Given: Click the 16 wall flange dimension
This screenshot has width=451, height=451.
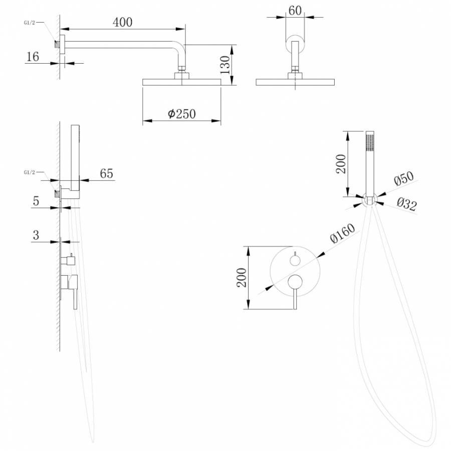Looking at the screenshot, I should [33, 56].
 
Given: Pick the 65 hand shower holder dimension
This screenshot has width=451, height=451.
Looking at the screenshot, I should [106, 173].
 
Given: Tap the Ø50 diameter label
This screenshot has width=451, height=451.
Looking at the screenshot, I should [403, 179].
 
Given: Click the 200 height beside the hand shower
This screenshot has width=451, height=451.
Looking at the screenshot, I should [341, 163].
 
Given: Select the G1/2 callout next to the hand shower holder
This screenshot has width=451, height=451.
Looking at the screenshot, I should [30, 172].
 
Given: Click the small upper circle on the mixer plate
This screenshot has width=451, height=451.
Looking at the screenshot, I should [295, 260].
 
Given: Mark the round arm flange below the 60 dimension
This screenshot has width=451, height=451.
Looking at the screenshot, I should [295, 43].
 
